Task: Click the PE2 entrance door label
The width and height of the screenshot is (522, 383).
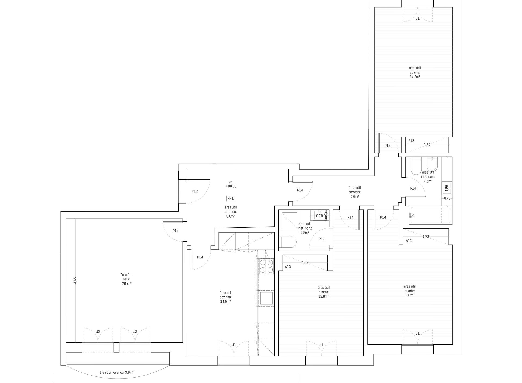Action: pyautogui.click(x=195, y=191)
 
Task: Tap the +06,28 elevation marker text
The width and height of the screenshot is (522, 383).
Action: pyautogui.click(x=231, y=186)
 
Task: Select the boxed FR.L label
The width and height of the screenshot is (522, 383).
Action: pyautogui.click(x=231, y=199)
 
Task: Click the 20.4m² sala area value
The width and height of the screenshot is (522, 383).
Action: pyautogui.click(x=127, y=283)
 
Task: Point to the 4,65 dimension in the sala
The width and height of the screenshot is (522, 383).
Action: pyautogui.click(x=75, y=280)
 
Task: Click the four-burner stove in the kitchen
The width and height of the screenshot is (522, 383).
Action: pyautogui.click(x=266, y=266)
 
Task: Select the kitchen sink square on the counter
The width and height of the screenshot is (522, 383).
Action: pyautogui.click(x=266, y=298)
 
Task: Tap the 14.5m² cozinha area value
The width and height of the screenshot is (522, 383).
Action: pyautogui.click(x=225, y=301)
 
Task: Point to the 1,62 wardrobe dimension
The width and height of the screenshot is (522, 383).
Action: pyautogui.click(x=427, y=145)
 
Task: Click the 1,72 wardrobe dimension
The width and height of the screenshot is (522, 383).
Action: pyautogui.click(x=426, y=237)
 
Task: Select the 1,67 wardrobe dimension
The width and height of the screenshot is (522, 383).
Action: pyautogui.click(x=305, y=262)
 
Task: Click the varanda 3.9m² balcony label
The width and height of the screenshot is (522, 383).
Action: pyautogui.click(x=116, y=372)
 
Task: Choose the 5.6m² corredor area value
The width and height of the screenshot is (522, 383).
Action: pyautogui.click(x=355, y=196)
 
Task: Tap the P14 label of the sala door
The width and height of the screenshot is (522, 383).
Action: pyautogui.click(x=175, y=231)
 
